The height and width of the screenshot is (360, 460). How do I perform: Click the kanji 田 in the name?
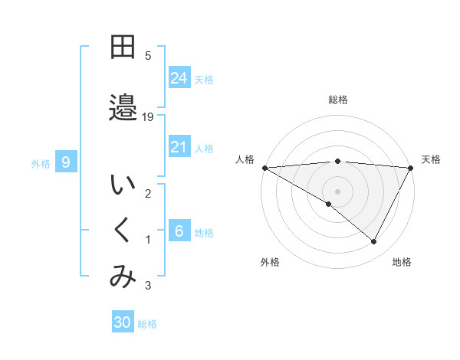click(123, 48)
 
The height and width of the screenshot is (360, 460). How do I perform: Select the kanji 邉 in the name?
click(123, 108)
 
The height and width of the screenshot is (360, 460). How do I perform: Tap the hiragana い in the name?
click(123, 186)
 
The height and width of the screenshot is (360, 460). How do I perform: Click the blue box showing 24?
click(179, 78)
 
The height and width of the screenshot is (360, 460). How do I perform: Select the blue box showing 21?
click(179, 147)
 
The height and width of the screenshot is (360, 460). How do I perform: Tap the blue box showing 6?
click(179, 231)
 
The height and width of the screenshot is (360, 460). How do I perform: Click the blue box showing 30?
click(123, 322)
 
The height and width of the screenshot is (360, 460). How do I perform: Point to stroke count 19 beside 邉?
click(148, 116)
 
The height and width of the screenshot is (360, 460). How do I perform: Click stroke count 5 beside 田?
click(148, 56)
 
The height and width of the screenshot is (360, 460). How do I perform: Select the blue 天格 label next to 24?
click(204, 79)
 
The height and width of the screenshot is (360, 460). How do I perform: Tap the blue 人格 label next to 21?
click(204, 148)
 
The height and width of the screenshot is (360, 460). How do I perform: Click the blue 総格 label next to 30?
click(147, 324)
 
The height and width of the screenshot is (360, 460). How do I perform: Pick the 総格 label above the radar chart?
click(337, 100)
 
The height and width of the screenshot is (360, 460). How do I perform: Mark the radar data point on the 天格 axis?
click(410, 167)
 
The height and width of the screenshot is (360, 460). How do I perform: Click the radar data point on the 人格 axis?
click(264, 167)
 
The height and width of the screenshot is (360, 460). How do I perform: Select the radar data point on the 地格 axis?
click(374, 241)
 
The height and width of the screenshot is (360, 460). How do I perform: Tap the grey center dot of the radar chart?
click(337, 190)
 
